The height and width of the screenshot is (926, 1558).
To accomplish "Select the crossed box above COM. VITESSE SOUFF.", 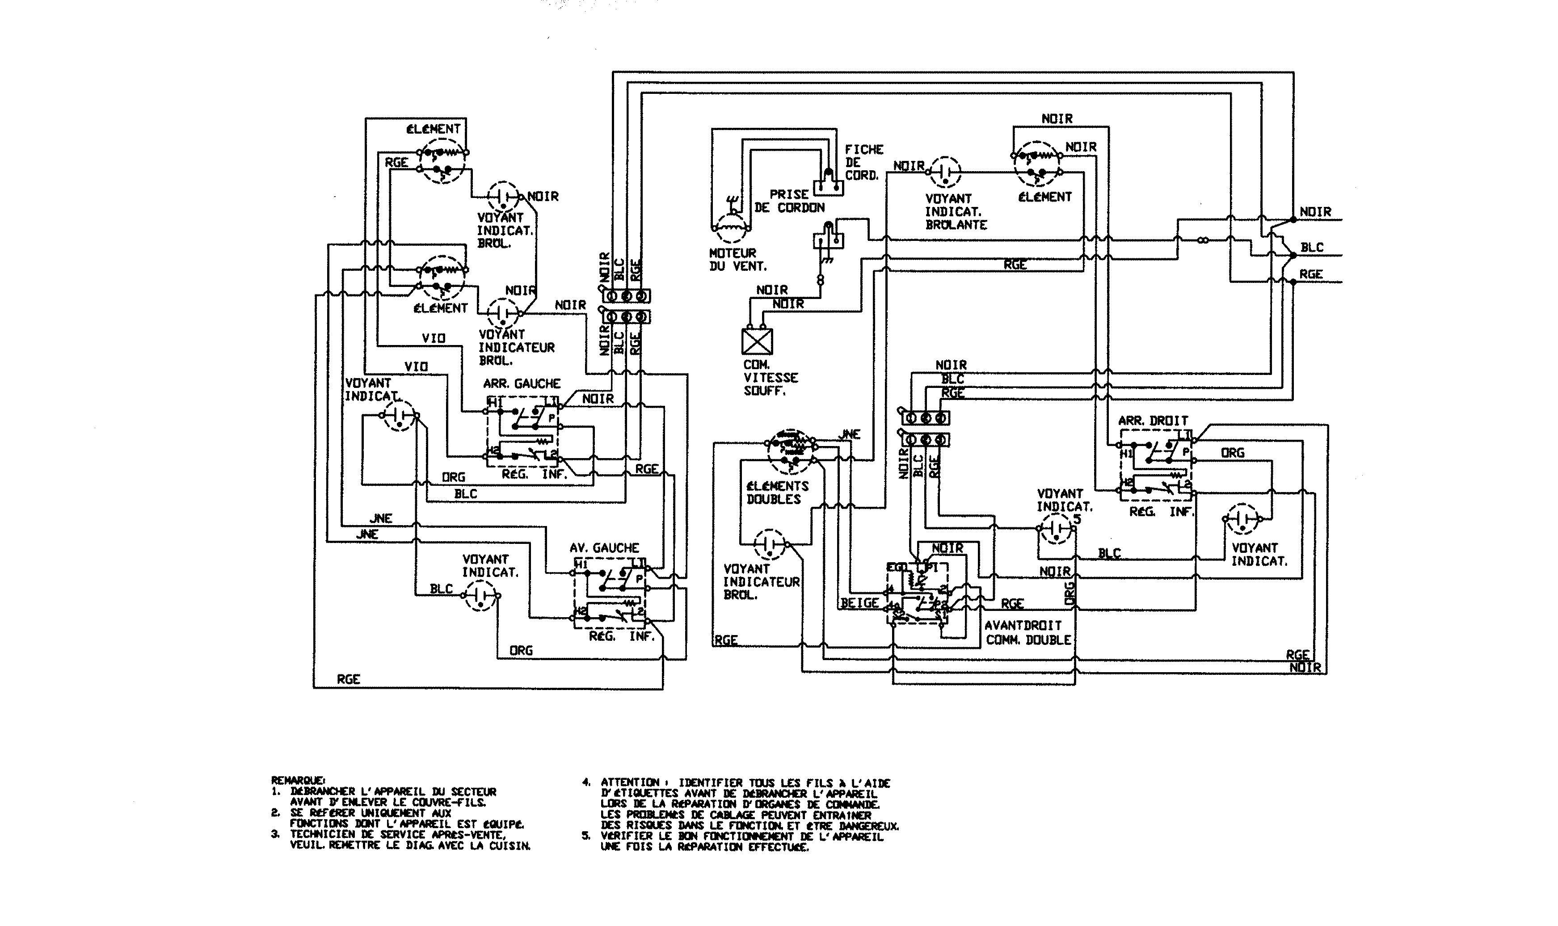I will click(757, 341).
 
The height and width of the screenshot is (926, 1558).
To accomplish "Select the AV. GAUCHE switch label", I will click(604, 548).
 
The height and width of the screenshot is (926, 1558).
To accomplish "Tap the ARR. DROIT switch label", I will click(1153, 421).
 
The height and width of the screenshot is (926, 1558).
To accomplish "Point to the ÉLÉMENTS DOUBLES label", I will click(777, 492).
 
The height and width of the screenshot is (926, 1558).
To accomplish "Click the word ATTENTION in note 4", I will click(630, 783).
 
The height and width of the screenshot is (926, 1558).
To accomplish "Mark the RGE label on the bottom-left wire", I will click(348, 679).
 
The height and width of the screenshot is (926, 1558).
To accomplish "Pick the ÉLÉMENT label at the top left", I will click(433, 129).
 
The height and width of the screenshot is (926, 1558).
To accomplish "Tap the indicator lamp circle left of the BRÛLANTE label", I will click(945, 171).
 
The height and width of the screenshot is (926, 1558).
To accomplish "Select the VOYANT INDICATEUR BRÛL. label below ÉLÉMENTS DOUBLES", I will click(761, 581).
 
